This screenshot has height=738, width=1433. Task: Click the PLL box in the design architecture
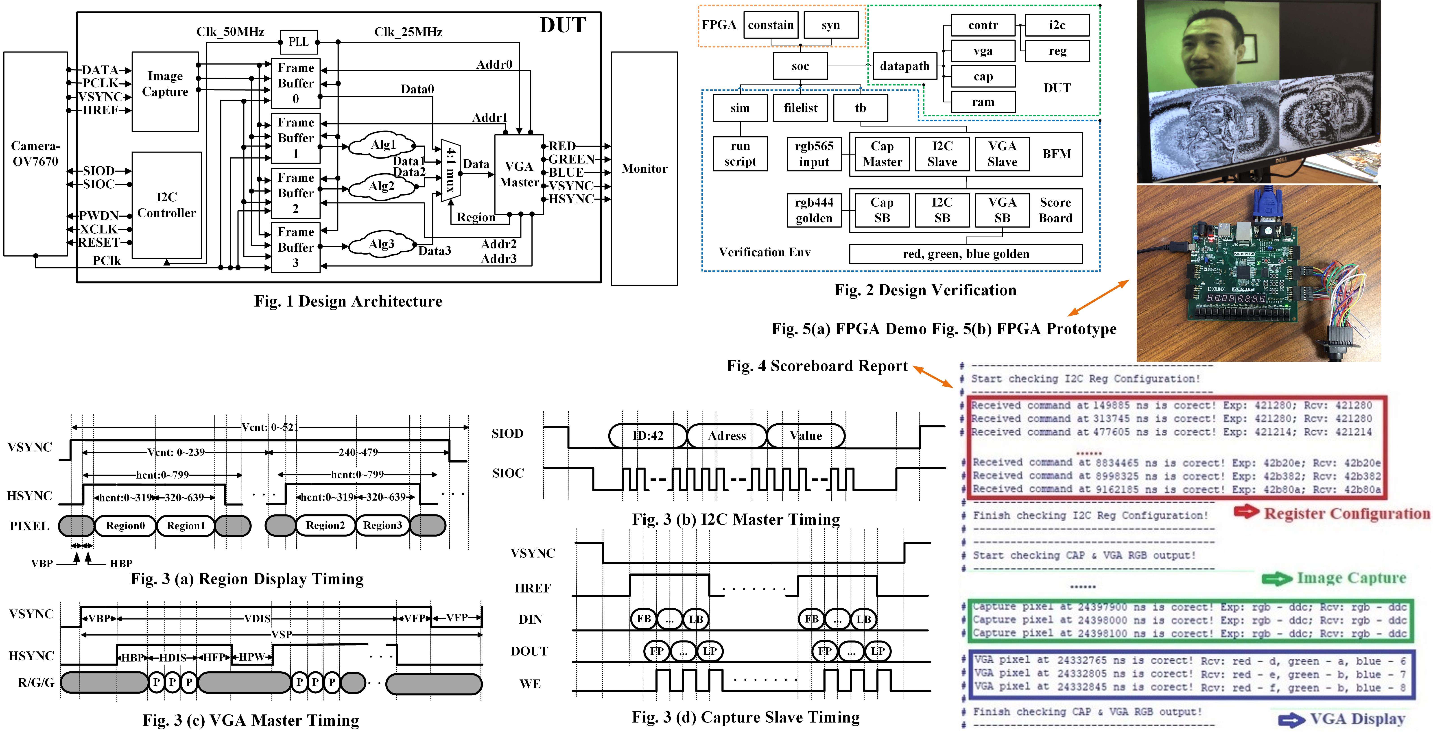pos(299,42)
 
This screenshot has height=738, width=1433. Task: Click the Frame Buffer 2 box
pos(295,193)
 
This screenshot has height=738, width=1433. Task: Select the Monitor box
pos(644,168)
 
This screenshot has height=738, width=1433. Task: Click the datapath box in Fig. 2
pos(904,66)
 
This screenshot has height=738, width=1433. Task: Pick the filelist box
pos(800,108)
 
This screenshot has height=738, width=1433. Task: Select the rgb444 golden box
pos(814,210)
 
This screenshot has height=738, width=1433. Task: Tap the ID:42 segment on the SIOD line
pos(648,435)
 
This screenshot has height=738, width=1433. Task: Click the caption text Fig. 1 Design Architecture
pos(348,301)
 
